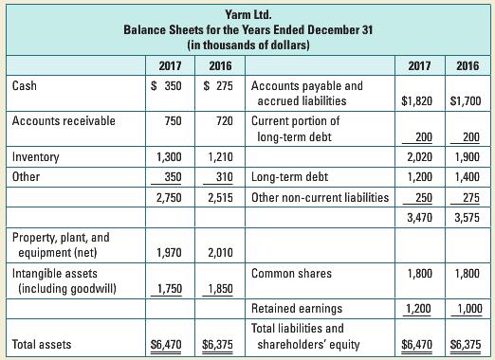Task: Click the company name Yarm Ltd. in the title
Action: (x=247, y=14)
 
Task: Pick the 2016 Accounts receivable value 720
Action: (x=224, y=121)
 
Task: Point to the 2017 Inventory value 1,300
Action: (x=171, y=157)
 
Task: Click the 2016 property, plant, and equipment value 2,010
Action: (x=224, y=252)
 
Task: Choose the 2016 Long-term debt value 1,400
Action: (x=466, y=176)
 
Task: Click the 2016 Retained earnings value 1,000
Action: (x=466, y=309)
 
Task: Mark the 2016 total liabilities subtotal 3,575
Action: (x=466, y=219)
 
